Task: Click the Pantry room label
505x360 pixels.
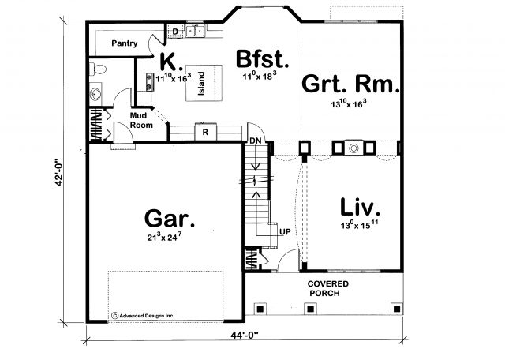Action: (x=125, y=43)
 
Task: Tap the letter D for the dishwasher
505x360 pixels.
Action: (x=175, y=32)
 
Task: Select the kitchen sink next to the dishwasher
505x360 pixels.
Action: (x=196, y=31)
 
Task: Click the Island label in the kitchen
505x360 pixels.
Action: (x=201, y=83)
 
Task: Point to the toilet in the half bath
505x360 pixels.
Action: (x=98, y=69)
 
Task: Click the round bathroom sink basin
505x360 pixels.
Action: (x=95, y=93)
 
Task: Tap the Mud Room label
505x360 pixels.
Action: (x=140, y=120)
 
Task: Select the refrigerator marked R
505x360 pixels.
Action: (x=205, y=132)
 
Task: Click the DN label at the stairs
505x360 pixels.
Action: (x=256, y=141)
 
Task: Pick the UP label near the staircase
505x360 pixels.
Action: (x=285, y=232)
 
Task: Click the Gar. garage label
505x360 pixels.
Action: (x=170, y=219)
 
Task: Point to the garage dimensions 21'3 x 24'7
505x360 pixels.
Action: (x=165, y=237)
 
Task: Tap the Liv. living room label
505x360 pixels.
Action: (x=360, y=207)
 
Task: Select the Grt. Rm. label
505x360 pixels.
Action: (x=350, y=84)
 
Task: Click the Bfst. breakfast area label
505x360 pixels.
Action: (x=262, y=58)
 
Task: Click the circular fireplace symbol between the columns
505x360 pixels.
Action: (x=353, y=148)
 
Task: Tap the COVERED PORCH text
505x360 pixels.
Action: (x=327, y=288)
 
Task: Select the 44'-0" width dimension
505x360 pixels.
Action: (x=245, y=336)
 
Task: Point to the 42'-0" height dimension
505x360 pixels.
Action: (x=59, y=172)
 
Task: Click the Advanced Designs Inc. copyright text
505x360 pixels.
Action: (x=143, y=316)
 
